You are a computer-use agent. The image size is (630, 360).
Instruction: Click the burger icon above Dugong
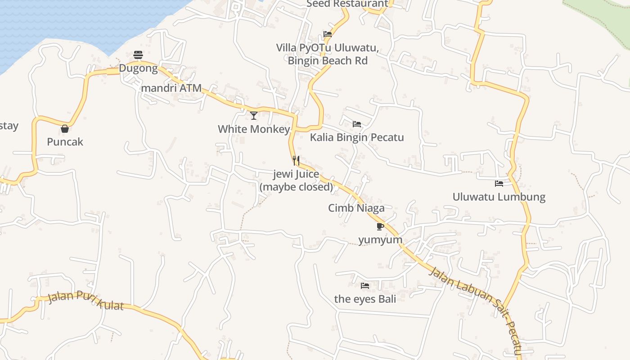138,55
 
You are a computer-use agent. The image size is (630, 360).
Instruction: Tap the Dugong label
138,69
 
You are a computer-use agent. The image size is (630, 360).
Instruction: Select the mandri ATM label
171,88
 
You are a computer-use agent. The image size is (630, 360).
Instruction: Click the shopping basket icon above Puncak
65,129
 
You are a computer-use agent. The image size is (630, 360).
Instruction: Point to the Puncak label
65,142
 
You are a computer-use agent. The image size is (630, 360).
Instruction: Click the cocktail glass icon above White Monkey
254,116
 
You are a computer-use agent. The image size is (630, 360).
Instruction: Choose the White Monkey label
254,129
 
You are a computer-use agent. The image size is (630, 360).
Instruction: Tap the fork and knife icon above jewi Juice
296,160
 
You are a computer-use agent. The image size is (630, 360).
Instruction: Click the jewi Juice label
296,174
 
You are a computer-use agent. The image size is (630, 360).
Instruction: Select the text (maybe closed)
296,187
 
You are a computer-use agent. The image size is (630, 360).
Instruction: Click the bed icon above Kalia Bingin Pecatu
357,124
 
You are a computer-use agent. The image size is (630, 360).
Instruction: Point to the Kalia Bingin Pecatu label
357,137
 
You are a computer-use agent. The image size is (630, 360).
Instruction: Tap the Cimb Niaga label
356,208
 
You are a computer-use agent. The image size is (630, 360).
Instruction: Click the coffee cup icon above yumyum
380,226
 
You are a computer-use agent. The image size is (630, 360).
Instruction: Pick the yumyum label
380,239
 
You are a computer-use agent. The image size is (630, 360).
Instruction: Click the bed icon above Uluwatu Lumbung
499,183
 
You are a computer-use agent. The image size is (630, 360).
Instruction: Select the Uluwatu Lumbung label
499,197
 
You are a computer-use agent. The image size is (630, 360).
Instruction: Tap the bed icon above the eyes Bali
365,285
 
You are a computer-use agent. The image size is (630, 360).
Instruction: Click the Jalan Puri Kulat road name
85,300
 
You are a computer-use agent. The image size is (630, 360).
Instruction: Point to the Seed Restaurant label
347,4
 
